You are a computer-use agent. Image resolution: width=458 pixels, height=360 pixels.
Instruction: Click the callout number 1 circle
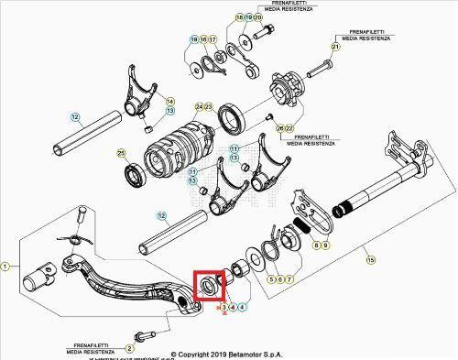click(x=6, y=266)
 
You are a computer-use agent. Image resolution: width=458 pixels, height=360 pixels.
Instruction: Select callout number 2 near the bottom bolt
click(x=128, y=348)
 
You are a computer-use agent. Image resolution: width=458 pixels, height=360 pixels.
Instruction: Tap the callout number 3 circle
click(x=224, y=308)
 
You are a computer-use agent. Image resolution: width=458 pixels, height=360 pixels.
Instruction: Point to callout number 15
click(x=370, y=261)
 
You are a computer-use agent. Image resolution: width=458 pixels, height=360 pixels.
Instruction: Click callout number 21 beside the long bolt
click(x=335, y=47)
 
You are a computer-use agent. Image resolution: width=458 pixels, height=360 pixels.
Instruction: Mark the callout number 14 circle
click(x=169, y=101)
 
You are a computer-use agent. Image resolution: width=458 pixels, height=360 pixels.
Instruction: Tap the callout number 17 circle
click(x=213, y=40)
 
